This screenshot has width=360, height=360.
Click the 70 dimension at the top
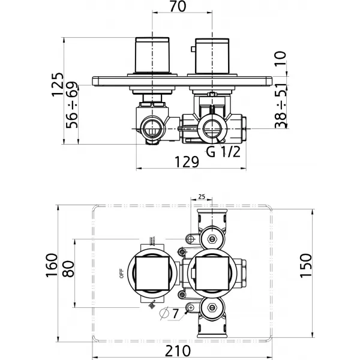[178, 7]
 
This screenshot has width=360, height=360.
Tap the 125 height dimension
[58, 85]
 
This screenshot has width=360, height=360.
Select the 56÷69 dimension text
[72, 105]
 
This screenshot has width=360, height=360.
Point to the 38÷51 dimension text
[281, 106]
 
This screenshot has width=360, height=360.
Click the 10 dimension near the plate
[281, 58]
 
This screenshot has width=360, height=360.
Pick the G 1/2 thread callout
[223, 152]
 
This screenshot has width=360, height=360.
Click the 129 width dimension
[187, 162]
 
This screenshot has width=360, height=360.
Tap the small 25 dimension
[202, 197]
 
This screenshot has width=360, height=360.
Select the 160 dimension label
[52, 265]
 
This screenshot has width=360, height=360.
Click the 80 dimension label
[69, 269]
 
